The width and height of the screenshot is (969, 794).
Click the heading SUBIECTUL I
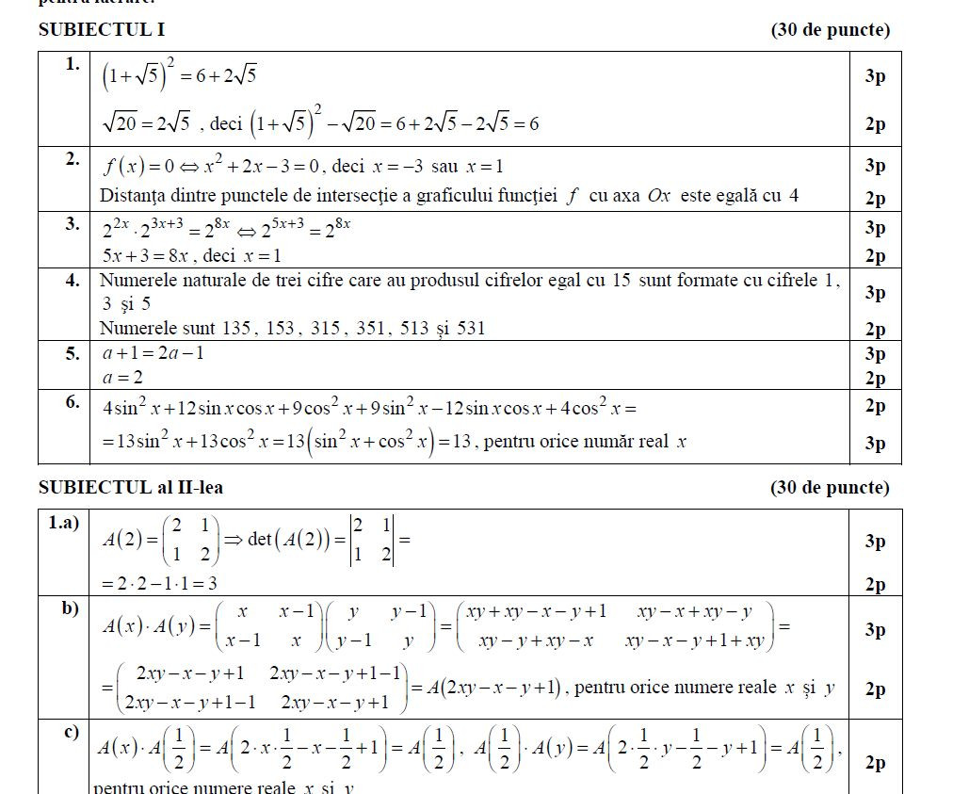[x=101, y=30]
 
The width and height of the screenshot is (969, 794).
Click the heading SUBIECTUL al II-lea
[x=131, y=487]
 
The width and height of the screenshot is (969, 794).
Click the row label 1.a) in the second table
[x=64, y=523]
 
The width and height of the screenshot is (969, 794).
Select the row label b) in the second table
[x=70, y=608]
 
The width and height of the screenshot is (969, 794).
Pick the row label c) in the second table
[x=70, y=733]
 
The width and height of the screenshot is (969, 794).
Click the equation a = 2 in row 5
[x=121, y=378]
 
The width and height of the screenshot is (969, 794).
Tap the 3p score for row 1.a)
[x=875, y=541]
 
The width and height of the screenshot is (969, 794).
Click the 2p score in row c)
[x=875, y=762]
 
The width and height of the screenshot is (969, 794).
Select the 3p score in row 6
[x=875, y=443]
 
